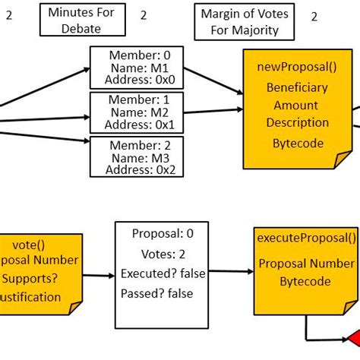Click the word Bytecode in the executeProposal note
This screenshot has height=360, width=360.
[x=306, y=281]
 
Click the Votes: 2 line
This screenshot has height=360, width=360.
[x=163, y=254]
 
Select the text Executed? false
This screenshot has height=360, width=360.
[x=163, y=273]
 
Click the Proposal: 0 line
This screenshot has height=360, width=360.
[x=163, y=234]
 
